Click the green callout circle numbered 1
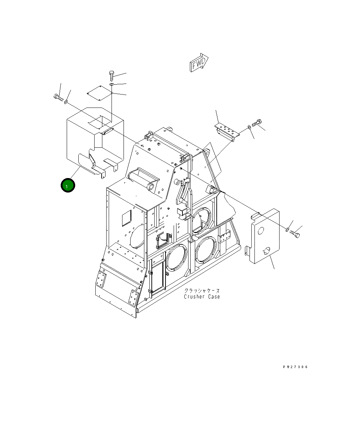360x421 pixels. pyautogui.click(x=68, y=185)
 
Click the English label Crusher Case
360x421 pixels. pyautogui.click(x=202, y=297)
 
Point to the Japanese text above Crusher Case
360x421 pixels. pyautogui.click(x=202, y=291)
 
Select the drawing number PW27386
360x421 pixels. pyautogui.click(x=295, y=367)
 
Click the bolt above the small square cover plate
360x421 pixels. pyautogui.click(x=111, y=75)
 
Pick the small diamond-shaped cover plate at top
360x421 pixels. pyautogui.click(x=100, y=93)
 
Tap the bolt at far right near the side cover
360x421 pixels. pyautogui.click(x=295, y=234)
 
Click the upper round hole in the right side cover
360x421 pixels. pyautogui.click(x=261, y=231)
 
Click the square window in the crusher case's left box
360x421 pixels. pyautogui.click(x=126, y=218)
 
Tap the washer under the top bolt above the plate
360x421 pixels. pyautogui.click(x=111, y=85)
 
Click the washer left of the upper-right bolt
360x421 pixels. pyautogui.click(x=250, y=126)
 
